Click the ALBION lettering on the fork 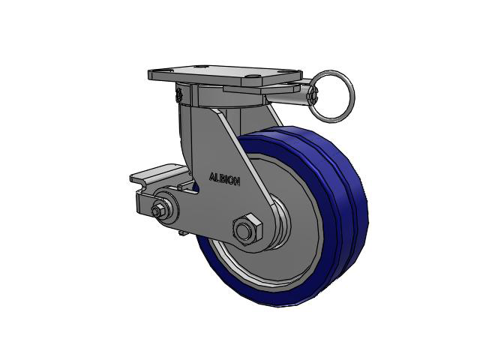pyautogui.click(x=224, y=179)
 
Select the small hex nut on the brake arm pyautogui.click(x=157, y=211)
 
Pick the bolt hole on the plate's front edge pyautogui.click(x=253, y=76)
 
